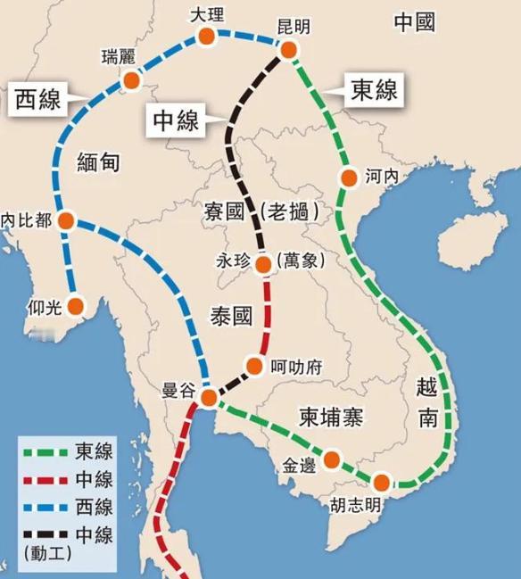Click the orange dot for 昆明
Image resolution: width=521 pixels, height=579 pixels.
[288, 51]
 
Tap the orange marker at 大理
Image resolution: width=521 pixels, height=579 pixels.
[206, 37]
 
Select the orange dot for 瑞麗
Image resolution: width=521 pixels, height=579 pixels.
[132, 81]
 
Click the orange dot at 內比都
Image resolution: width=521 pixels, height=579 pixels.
[67, 220]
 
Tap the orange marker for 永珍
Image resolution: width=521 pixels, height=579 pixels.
[263, 264]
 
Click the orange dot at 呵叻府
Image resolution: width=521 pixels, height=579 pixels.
[254, 366]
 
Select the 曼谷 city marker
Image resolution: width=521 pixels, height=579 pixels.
[208, 397]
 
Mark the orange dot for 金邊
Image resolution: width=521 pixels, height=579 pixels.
[332, 459]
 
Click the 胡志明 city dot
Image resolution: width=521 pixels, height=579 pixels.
[382, 483]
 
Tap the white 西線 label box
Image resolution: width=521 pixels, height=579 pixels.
[38, 98]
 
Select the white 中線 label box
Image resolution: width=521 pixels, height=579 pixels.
[177, 120]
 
